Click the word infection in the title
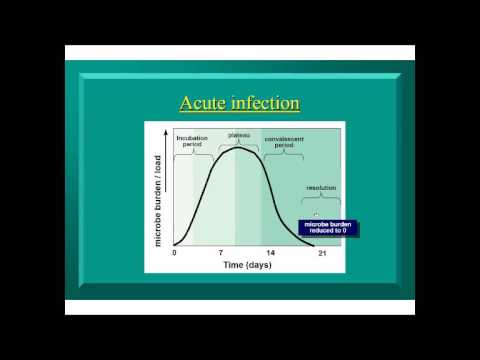[265, 104]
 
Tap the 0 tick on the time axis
[174, 252]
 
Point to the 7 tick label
[219, 252]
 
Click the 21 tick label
[321, 252]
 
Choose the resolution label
[320, 187]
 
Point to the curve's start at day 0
[175, 244]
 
